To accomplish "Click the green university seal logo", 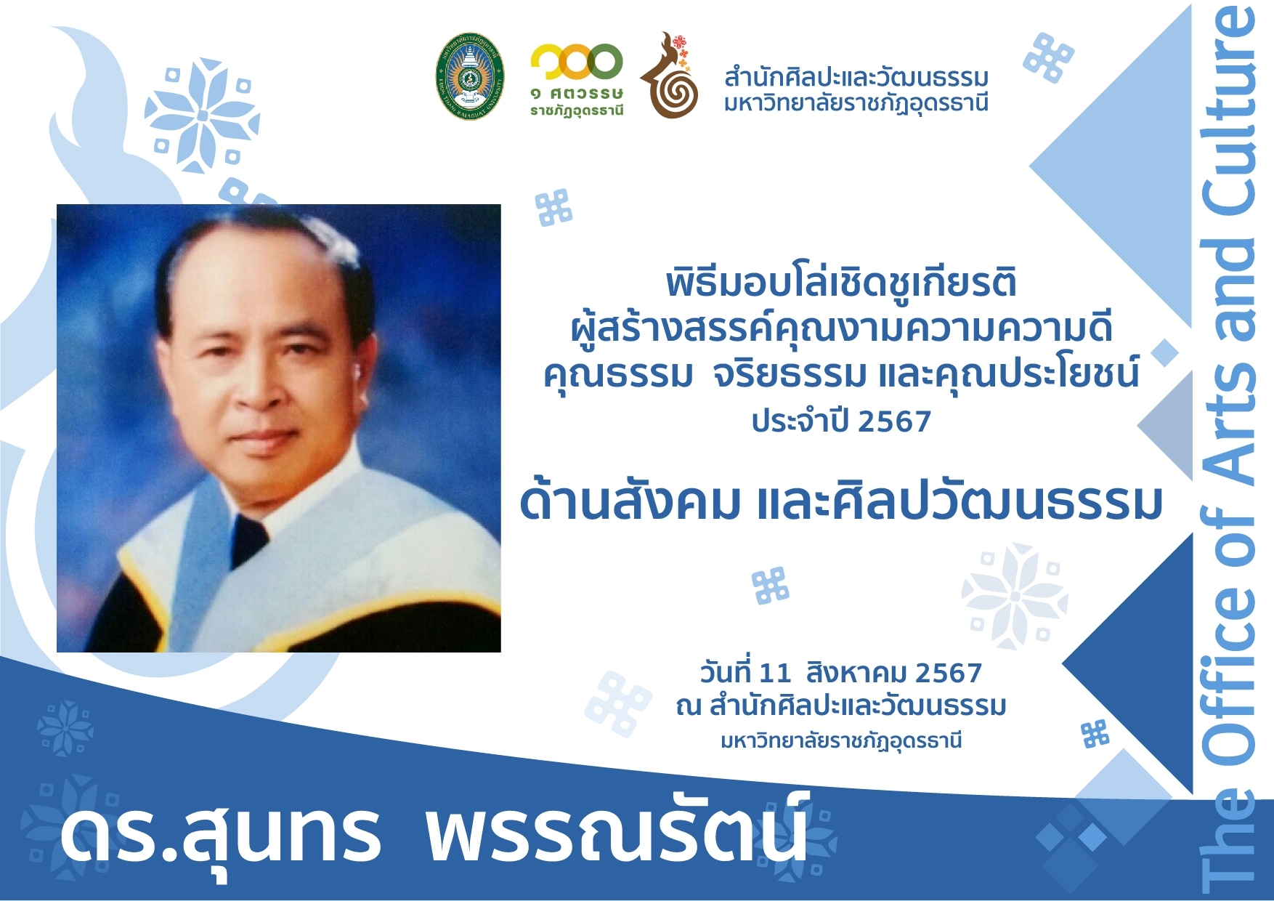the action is (x=469, y=76).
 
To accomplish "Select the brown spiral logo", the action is (x=669, y=75).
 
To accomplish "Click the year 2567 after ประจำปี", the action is (x=894, y=421).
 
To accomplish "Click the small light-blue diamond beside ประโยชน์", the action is (x=1164, y=353).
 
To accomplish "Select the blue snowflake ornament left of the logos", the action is (x=202, y=116).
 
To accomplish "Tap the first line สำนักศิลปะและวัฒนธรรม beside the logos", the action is (x=856, y=77).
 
